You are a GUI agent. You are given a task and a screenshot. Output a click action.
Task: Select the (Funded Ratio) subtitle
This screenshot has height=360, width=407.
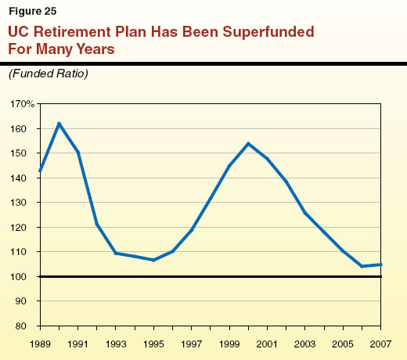49,74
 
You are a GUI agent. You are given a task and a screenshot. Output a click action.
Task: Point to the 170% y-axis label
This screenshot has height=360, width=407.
23,104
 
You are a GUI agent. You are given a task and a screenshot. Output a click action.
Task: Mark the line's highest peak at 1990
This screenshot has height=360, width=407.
59,123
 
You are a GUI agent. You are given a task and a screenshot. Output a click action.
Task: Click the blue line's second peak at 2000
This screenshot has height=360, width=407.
248,143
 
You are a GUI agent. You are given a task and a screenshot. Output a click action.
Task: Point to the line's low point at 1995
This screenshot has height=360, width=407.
153,260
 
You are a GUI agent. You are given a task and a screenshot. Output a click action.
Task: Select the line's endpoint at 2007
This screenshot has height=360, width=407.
380,265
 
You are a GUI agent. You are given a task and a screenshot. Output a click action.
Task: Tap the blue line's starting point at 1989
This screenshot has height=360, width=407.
40,171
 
